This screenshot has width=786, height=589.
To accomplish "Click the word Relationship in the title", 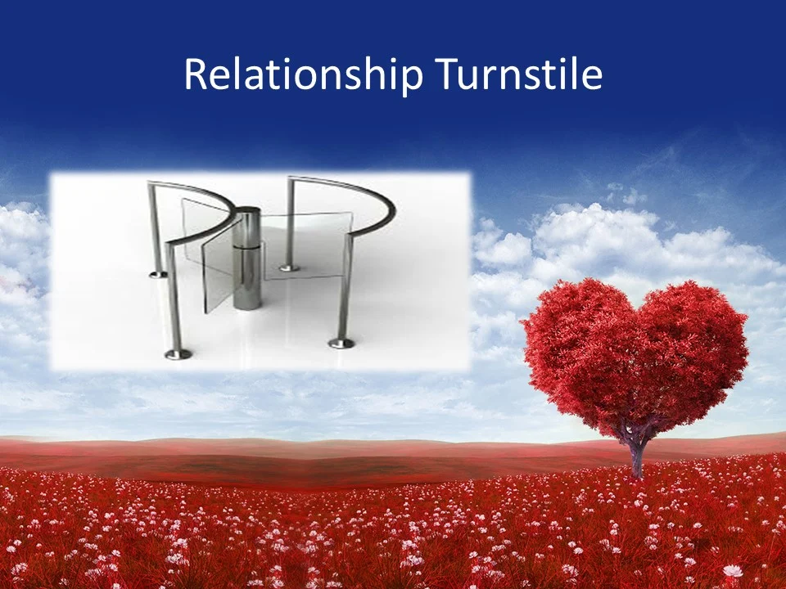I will click(x=303, y=75).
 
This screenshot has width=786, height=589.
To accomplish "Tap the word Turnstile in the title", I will click(x=519, y=75).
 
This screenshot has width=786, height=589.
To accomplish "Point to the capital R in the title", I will click(x=195, y=75).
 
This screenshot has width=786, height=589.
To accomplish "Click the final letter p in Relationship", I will click(x=413, y=79).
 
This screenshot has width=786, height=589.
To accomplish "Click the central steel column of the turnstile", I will click(x=246, y=270).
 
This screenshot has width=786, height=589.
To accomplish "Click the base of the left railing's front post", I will click(x=178, y=353).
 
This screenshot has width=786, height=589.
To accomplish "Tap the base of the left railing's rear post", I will click(x=157, y=274).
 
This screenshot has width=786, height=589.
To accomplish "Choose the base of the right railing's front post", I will click(x=341, y=342).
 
